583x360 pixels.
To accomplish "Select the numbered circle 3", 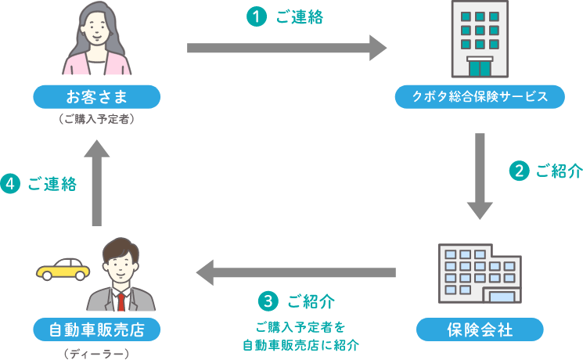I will [x=268, y=301].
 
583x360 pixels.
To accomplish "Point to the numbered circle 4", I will [x=10, y=184].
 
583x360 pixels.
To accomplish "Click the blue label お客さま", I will [x=97, y=96].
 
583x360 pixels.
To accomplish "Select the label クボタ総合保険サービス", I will [x=480, y=96].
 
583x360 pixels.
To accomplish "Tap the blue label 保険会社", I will [x=480, y=329].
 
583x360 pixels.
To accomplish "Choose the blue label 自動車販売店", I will [x=97, y=329].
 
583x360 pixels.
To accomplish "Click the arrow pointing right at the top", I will [x=286, y=48].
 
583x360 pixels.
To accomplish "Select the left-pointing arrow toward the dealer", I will [x=296, y=273].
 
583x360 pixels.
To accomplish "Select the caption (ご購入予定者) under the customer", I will [x=97, y=121].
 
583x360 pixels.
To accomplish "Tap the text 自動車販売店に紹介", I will [x=300, y=344].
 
